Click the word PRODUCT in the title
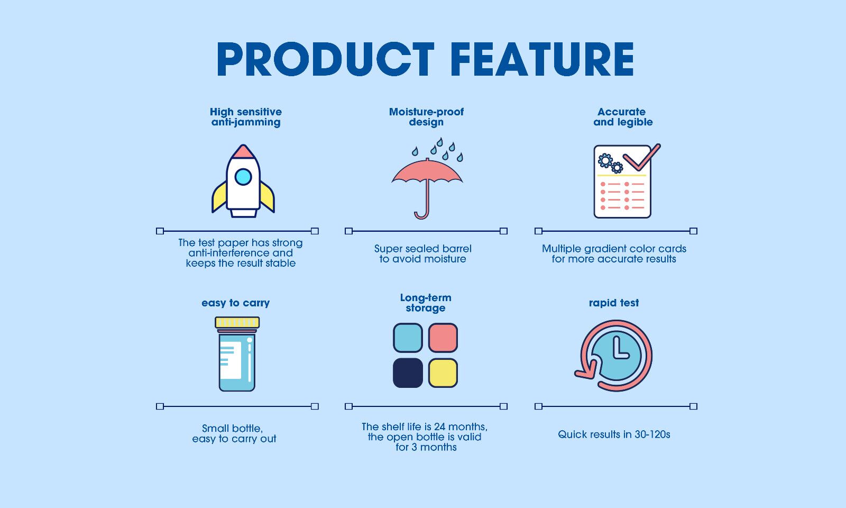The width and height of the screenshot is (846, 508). click(x=325, y=59)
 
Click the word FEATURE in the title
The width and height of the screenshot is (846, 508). click(x=544, y=59)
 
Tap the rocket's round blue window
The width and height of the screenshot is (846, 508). click(x=243, y=176)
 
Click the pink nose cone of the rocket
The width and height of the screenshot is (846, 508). click(x=243, y=152)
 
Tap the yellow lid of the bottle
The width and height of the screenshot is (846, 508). click(x=237, y=322)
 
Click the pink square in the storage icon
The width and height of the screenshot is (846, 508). click(x=443, y=338)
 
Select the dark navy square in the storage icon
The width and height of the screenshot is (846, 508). click(x=408, y=373)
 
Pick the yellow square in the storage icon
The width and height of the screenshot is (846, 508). click(x=443, y=373)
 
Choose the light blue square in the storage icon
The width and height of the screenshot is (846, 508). click(x=408, y=338)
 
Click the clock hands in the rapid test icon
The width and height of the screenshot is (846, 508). click(x=618, y=350)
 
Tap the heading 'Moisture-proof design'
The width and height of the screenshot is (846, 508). click(x=426, y=117)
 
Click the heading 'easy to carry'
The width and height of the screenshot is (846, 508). click(x=235, y=303)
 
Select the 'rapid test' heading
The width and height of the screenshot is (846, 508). click(x=614, y=303)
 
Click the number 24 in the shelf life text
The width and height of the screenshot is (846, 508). click(x=440, y=427)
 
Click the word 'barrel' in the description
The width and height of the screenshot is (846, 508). click(x=456, y=249)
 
